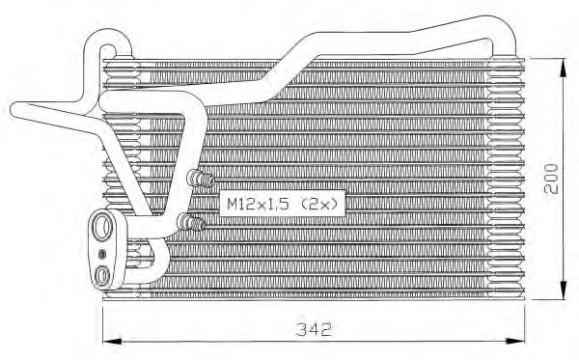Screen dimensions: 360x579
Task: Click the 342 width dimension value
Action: coord(315,329)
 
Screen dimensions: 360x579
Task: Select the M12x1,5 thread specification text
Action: coord(259,204)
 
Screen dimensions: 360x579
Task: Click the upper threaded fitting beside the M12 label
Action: coord(202,179)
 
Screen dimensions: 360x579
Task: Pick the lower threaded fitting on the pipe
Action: coord(190,223)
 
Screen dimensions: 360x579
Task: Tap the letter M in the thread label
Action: coord(233,204)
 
